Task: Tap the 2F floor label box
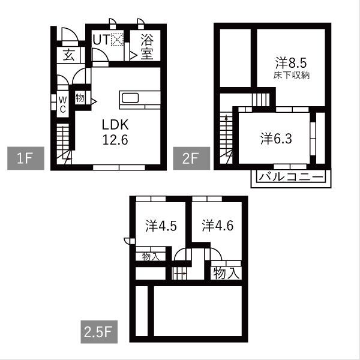click(187, 159)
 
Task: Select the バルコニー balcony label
click(290, 177)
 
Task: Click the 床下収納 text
click(292, 76)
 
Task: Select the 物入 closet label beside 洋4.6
click(227, 274)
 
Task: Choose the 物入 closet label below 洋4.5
click(149, 256)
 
